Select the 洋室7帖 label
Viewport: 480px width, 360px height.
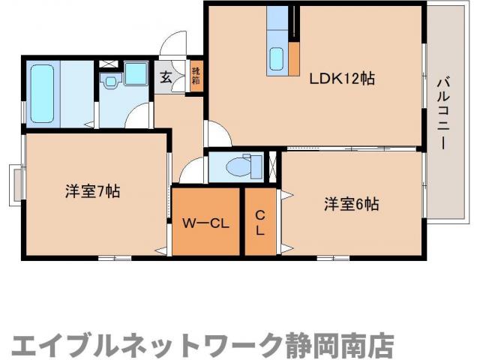[x=92, y=191]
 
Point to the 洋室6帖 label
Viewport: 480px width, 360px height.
[x=351, y=204]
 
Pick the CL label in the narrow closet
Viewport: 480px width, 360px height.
[x=259, y=223]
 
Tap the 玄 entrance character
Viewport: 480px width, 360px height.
[x=163, y=76]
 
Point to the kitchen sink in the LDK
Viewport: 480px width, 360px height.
[x=276, y=58]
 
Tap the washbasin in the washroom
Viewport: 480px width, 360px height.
[x=112, y=81]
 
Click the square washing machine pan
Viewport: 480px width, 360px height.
[x=138, y=74]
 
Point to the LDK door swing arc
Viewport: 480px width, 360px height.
[x=217, y=135]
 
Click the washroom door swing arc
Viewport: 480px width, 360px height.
[x=139, y=118]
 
